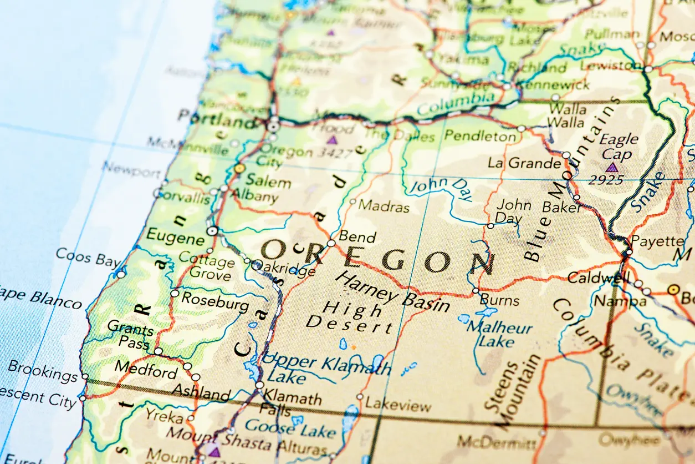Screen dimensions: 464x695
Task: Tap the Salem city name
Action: [x=268, y=181]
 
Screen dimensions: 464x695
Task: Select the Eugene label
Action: [x=175, y=239]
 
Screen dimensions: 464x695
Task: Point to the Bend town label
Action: [x=357, y=237]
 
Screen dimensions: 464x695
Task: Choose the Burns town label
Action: [x=500, y=301]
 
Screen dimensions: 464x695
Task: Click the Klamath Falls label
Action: [x=291, y=404]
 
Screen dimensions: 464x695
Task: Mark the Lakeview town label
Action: [x=398, y=405]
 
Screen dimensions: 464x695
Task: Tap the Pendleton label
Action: [x=480, y=135]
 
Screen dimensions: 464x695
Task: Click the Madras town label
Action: [x=384, y=206]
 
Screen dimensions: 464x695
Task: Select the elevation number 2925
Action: [x=605, y=180]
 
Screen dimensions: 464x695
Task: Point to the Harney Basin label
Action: [x=393, y=292]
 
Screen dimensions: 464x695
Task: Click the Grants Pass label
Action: [x=130, y=335]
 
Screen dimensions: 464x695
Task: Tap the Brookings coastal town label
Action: [x=43, y=371]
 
